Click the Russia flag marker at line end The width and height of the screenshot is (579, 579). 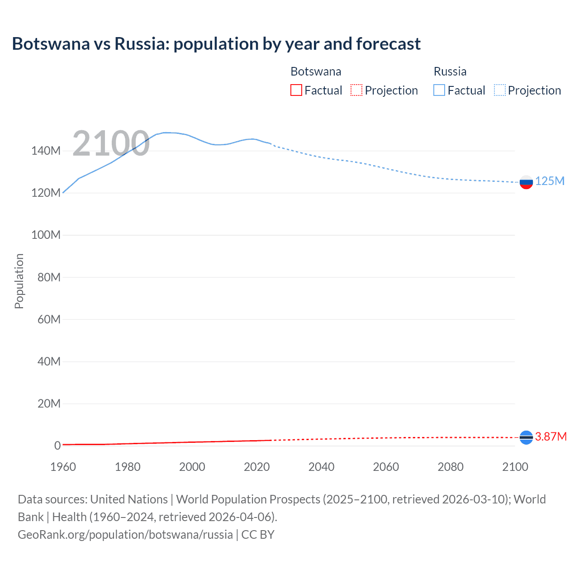point(526,182)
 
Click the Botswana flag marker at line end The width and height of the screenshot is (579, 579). point(526,437)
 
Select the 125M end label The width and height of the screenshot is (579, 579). point(550,181)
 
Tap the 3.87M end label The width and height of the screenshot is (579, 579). point(551,437)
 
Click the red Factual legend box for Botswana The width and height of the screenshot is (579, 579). point(296,90)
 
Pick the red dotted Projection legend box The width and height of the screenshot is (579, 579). point(356,90)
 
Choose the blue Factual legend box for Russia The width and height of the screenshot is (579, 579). point(439,90)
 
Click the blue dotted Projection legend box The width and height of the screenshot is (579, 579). point(500,90)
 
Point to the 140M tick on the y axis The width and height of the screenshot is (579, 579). point(46,151)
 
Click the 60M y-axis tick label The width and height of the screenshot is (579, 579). point(49,320)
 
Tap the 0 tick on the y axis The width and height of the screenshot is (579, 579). point(57,446)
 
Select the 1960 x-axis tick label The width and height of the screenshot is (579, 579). point(63,467)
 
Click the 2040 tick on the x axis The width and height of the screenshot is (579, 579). point(321,467)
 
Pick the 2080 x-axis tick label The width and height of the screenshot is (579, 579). point(451,467)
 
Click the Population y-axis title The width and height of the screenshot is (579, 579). point(19,281)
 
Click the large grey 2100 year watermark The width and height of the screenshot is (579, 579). point(111,143)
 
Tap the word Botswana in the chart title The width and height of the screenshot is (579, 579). point(51,44)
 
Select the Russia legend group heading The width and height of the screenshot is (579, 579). point(450,71)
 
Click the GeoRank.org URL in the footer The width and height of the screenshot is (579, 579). point(125,535)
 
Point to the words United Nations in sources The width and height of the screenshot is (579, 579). point(129,499)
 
